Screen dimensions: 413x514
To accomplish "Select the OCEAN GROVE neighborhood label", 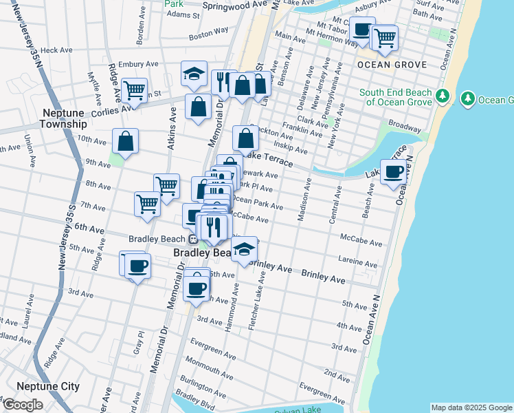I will tap(392, 65).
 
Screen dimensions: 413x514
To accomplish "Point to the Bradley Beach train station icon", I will tap(194, 240).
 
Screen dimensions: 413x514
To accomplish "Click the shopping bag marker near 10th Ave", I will tap(126, 142).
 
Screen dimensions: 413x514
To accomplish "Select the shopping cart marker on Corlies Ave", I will tap(134, 89).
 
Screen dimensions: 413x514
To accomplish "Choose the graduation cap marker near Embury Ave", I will tap(194, 73).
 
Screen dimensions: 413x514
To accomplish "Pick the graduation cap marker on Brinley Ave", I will tap(244, 250).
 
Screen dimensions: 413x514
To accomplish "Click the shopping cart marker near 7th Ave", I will tap(147, 204).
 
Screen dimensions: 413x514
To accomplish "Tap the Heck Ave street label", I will tap(56, 50).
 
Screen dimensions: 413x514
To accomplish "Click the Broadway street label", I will tap(405, 127).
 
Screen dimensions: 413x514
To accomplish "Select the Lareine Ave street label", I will tap(356, 259).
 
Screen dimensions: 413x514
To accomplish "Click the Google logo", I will tap(23, 405).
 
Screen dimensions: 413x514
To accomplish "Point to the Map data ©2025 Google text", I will tap(471, 407).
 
